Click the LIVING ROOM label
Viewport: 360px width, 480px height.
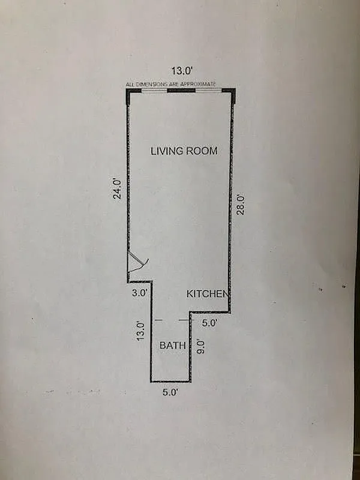[x=183, y=151]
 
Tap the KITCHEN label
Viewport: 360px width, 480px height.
[x=208, y=294]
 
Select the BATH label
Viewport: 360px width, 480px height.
[x=172, y=346]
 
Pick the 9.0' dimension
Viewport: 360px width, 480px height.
[x=201, y=348]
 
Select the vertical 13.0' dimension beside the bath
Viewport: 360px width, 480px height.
[x=140, y=331]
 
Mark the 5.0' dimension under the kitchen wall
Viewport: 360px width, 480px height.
[x=208, y=323]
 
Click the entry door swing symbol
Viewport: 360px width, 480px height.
[x=137, y=264]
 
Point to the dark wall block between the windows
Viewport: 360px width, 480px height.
[x=181, y=91]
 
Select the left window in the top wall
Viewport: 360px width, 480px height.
[x=154, y=91]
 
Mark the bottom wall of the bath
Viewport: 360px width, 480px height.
[x=170, y=381]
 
